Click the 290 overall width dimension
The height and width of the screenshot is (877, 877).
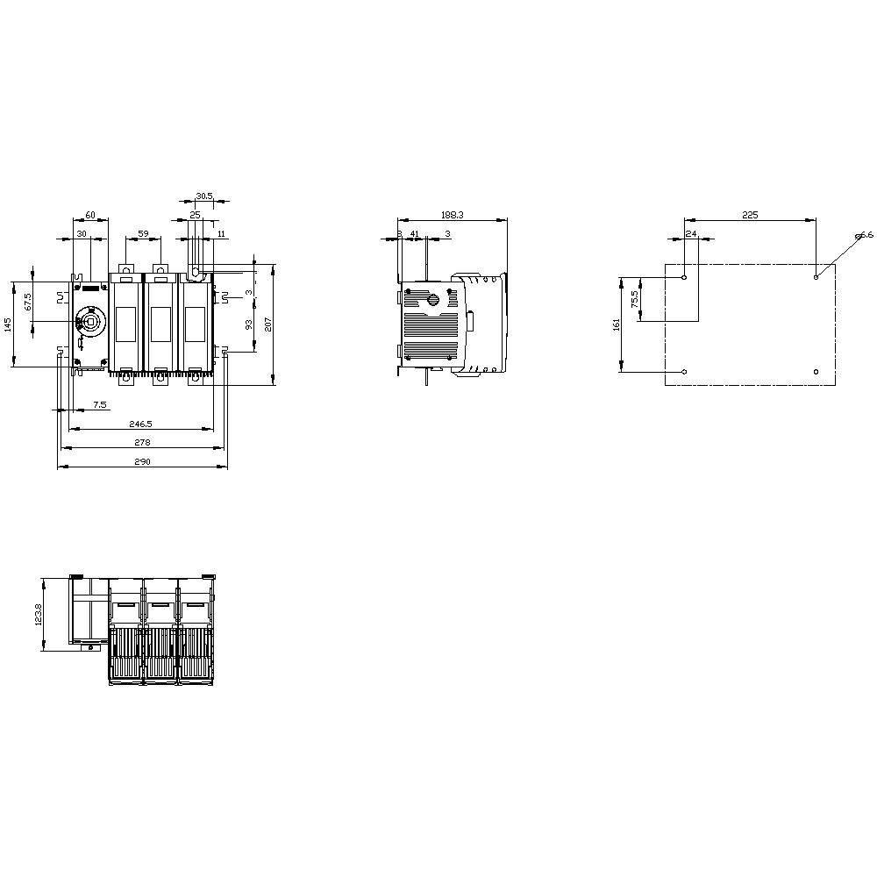[x=142, y=462]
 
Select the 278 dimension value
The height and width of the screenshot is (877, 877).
[x=142, y=443]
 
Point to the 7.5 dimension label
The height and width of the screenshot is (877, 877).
[x=100, y=404]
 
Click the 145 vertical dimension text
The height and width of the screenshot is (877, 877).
[x=8, y=324]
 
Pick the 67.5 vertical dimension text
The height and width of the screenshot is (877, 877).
[x=28, y=302]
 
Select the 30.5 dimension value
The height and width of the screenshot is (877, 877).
[x=203, y=196]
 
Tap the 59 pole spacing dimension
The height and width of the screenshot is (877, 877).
[x=143, y=234]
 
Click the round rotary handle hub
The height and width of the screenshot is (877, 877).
[x=89, y=323]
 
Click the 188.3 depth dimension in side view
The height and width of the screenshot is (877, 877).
[x=453, y=215]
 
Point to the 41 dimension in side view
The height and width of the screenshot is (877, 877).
[x=415, y=234]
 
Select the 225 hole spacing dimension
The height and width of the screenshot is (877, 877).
[x=750, y=215]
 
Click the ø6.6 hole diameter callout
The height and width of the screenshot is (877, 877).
[x=865, y=235]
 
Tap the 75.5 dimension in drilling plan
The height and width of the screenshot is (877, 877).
[x=634, y=299]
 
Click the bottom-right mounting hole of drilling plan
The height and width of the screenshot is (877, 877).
[x=816, y=372]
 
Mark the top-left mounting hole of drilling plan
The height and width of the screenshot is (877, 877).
[x=685, y=277]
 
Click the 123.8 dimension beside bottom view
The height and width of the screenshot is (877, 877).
[x=39, y=613]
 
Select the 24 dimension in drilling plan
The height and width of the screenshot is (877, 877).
[x=691, y=234]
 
